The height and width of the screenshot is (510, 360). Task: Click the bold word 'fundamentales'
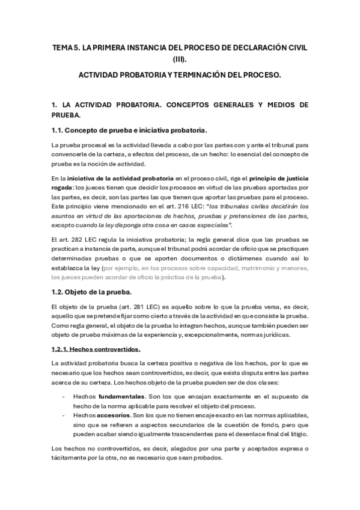[x=125, y=396]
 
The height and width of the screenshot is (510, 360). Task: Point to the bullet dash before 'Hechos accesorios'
[x=64, y=415]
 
